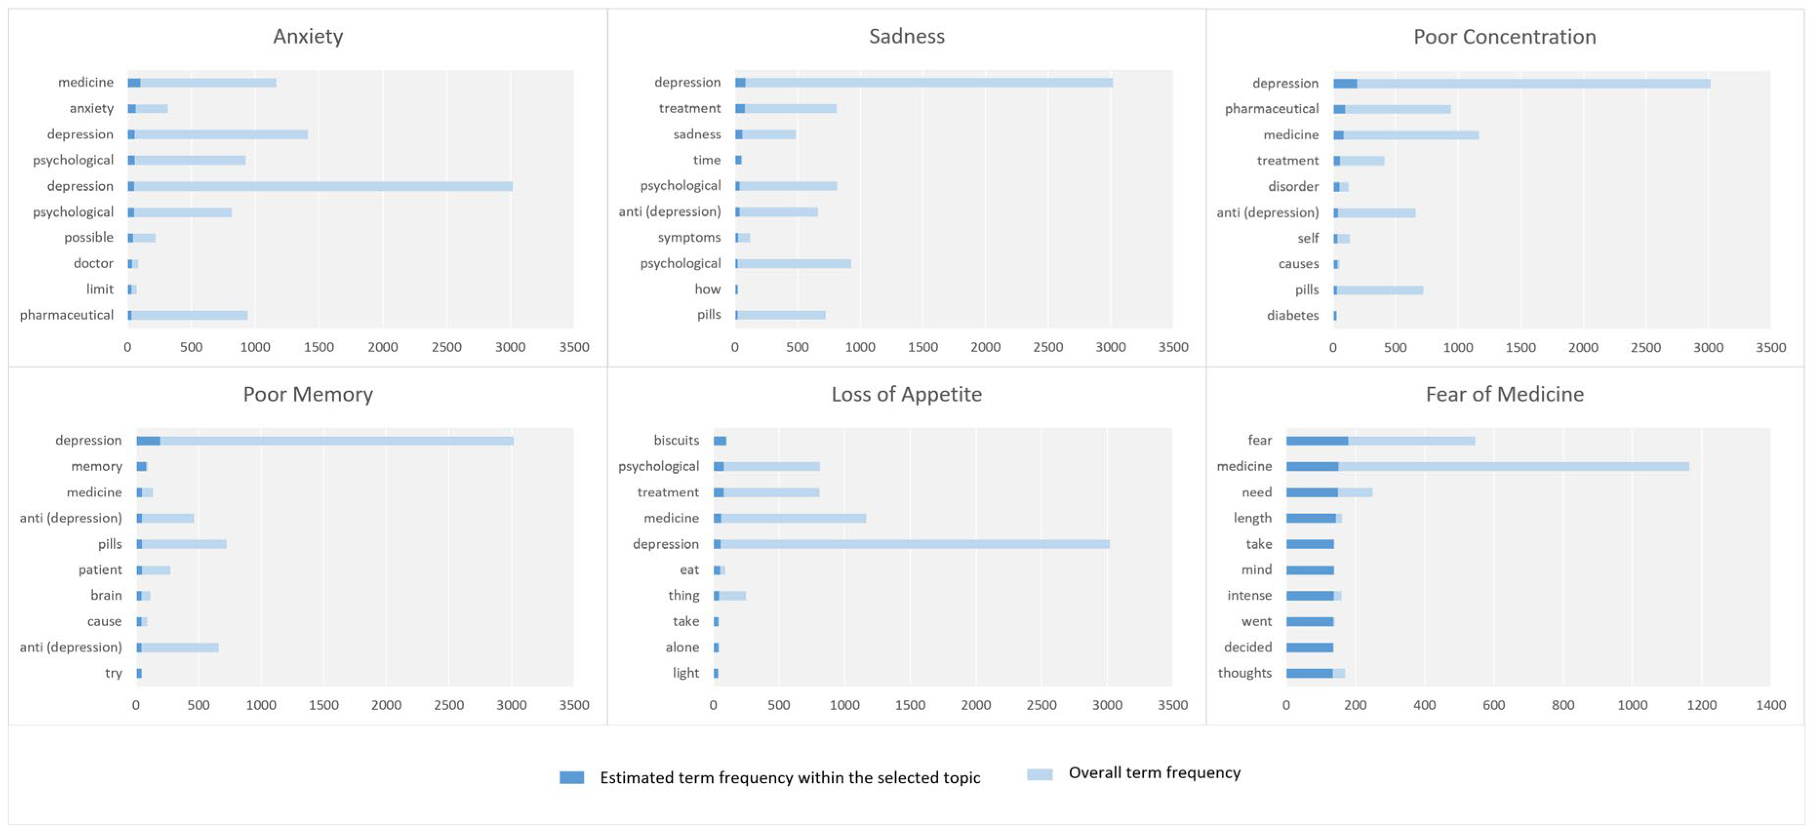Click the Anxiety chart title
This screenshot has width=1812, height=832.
click(x=308, y=37)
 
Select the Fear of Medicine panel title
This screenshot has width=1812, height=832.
click(x=1505, y=395)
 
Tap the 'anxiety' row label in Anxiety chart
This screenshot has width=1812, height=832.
click(x=91, y=108)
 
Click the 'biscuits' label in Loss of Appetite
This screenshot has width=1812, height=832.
click(x=676, y=440)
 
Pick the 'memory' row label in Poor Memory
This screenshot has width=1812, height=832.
click(x=97, y=466)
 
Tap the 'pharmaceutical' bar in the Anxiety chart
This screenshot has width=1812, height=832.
click(x=187, y=315)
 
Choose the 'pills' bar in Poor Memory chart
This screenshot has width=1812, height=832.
click(x=181, y=544)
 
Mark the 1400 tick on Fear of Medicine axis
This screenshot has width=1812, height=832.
click(x=1770, y=705)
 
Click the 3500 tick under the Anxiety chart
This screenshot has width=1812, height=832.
click(x=573, y=347)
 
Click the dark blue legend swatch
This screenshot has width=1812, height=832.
click(x=571, y=777)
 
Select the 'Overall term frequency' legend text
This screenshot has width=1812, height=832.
click(x=1154, y=773)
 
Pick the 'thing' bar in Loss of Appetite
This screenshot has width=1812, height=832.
click(x=729, y=595)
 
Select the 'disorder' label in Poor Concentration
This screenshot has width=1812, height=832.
click(x=1293, y=186)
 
